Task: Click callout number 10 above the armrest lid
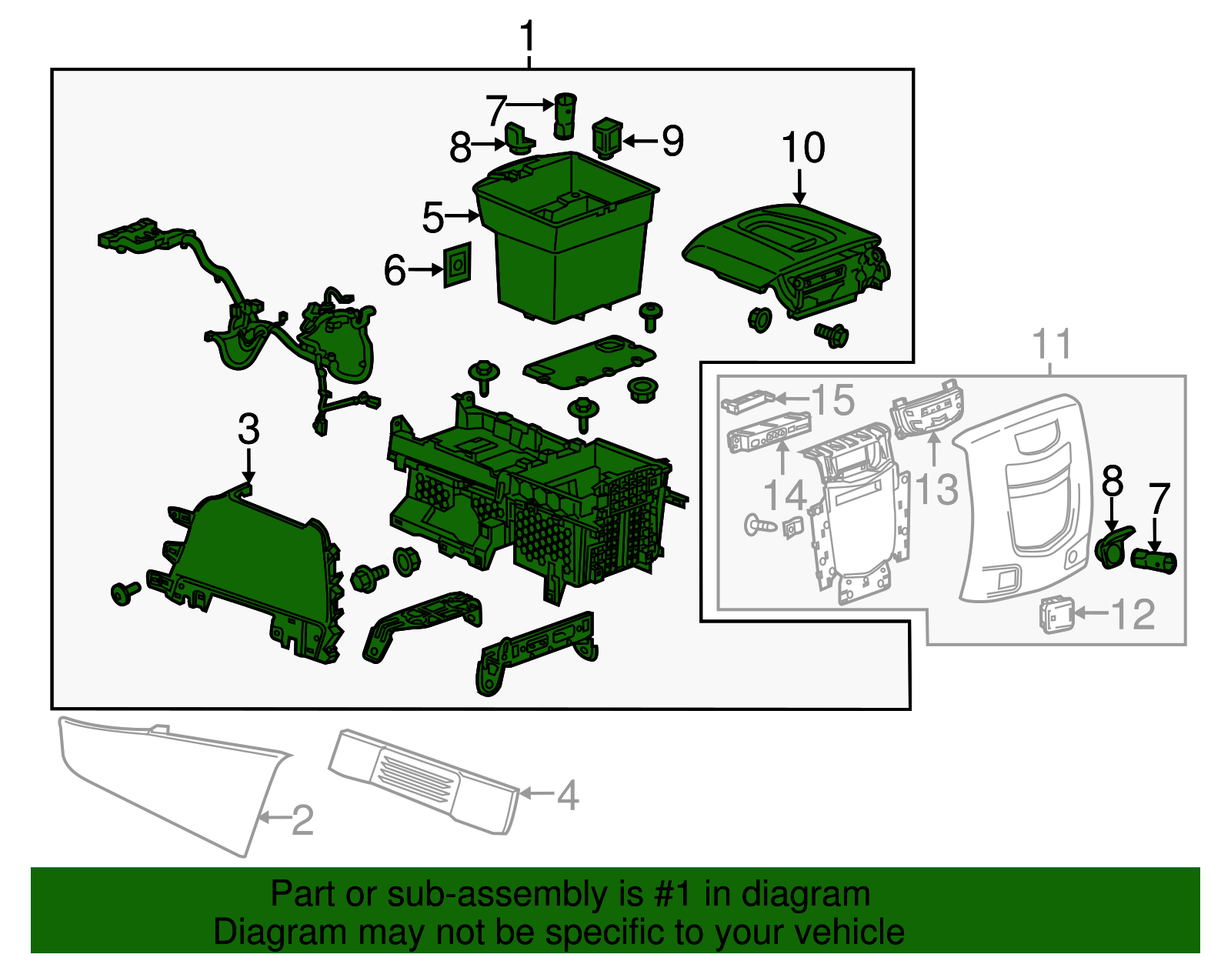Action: pyautogui.click(x=803, y=148)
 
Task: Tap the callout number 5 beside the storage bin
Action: pyautogui.click(x=433, y=218)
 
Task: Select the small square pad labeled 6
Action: pyautogui.click(x=457, y=265)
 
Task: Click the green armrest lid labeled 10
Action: pyautogui.click(x=777, y=246)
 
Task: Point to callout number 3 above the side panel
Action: pyautogui.click(x=249, y=429)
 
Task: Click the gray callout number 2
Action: pyautogui.click(x=302, y=820)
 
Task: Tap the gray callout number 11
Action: pyautogui.click(x=1051, y=344)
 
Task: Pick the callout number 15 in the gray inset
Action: pyautogui.click(x=833, y=400)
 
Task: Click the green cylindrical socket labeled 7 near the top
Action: pyautogui.click(x=565, y=115)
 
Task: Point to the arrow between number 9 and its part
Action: pyautogui.click(x=640, y=141)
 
